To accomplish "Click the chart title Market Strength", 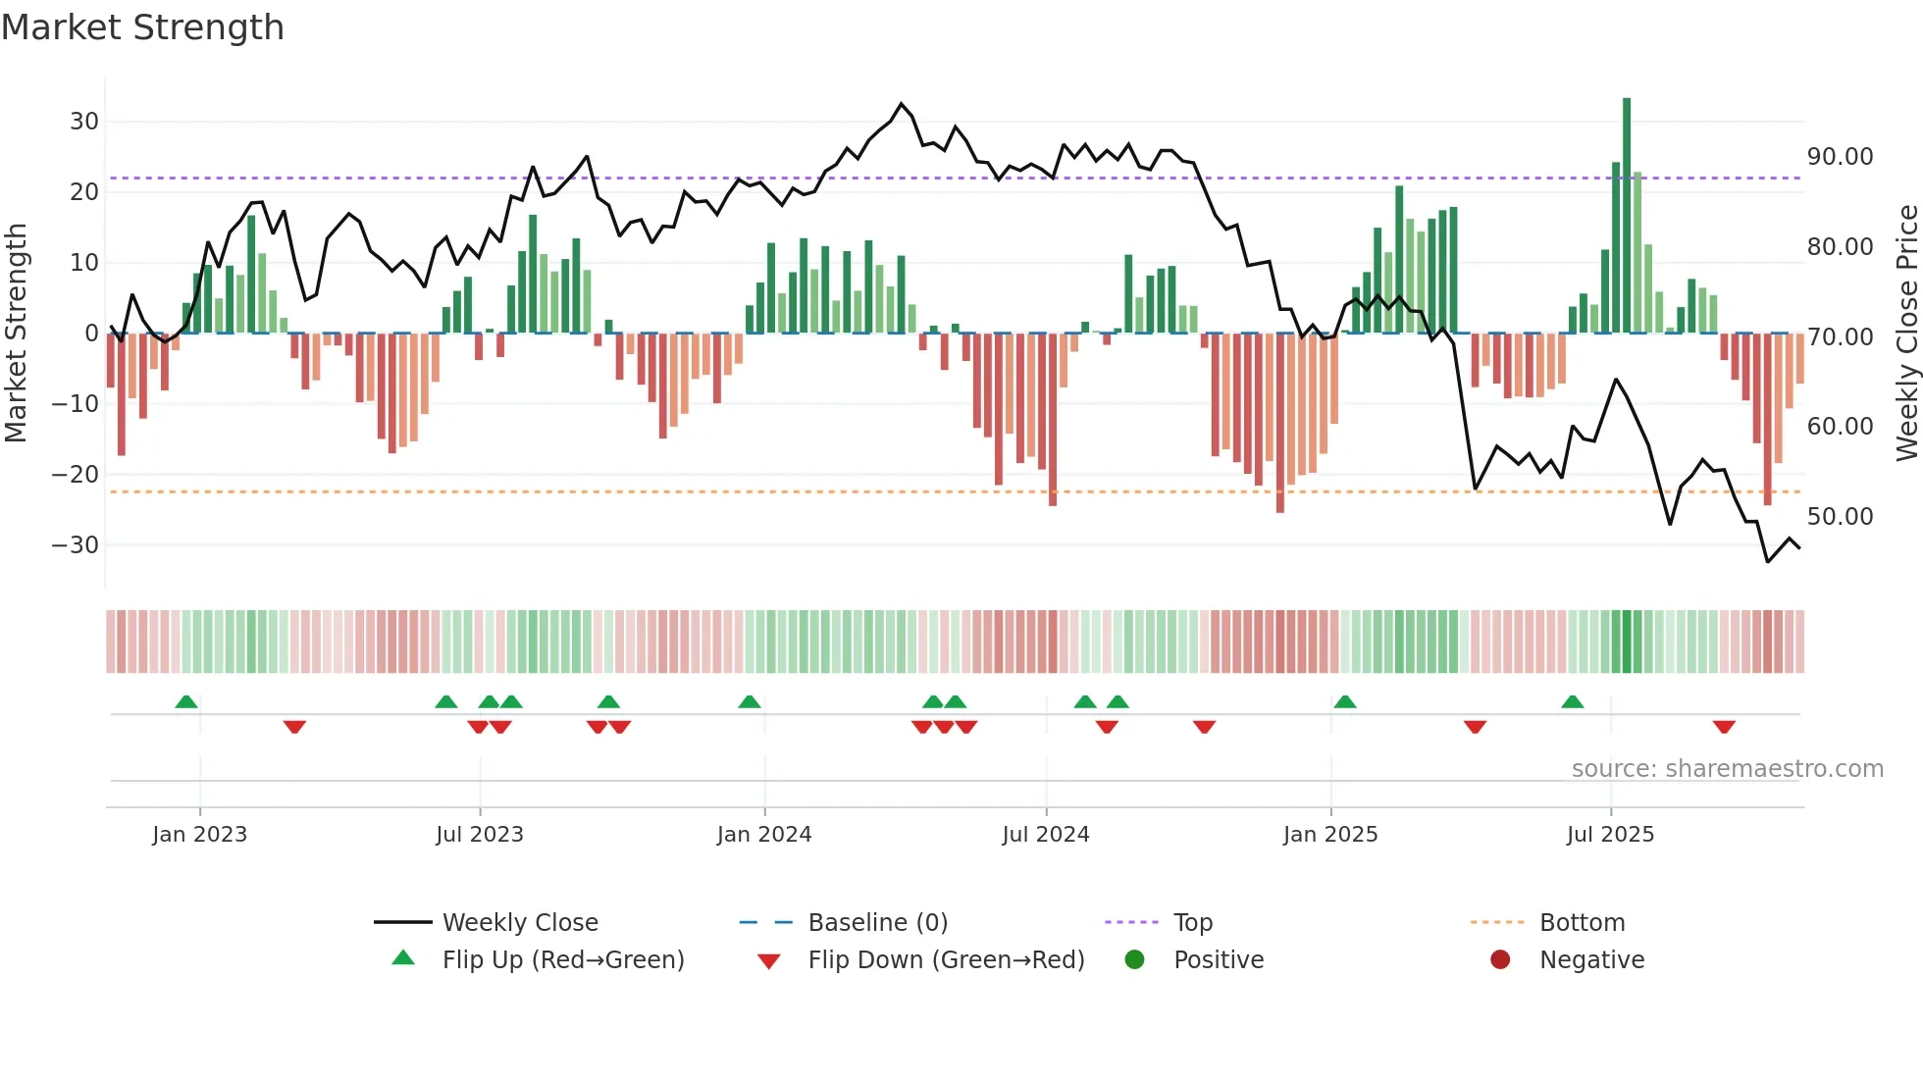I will (142, 27).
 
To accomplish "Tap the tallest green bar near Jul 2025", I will (1627, 216).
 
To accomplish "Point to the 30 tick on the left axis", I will (84, 122).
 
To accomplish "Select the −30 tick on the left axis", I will (77, 545).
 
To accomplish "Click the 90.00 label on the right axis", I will (1840, 157).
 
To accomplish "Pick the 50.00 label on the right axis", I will (1840, 517).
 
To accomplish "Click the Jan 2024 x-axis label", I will (764, 835).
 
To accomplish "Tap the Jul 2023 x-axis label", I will (480, 835).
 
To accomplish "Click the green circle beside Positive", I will (1135, 960).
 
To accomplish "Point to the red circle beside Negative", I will (1500, 960).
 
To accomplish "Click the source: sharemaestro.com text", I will (1727, 769).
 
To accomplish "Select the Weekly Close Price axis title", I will (1906, 334).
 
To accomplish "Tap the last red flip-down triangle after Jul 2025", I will (1724, 727).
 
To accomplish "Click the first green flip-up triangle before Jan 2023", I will (186, 701).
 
